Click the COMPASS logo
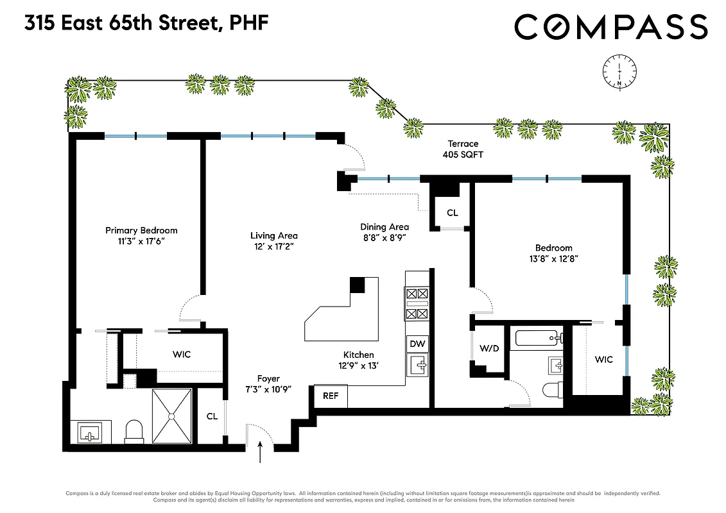click(x=610, y=27)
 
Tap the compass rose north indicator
click(x=619, y=71)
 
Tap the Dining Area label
click(x=384, y=226)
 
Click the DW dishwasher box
click(x=417, y=344)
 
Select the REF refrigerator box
click(x=330, y=396)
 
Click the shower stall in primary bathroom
click(x=172, y=416)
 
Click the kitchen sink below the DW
click(x=418, y=366)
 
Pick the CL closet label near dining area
click(x=452, y=213)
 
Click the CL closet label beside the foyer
click(x=212, y=416)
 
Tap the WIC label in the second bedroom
click(x=603, y=360)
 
